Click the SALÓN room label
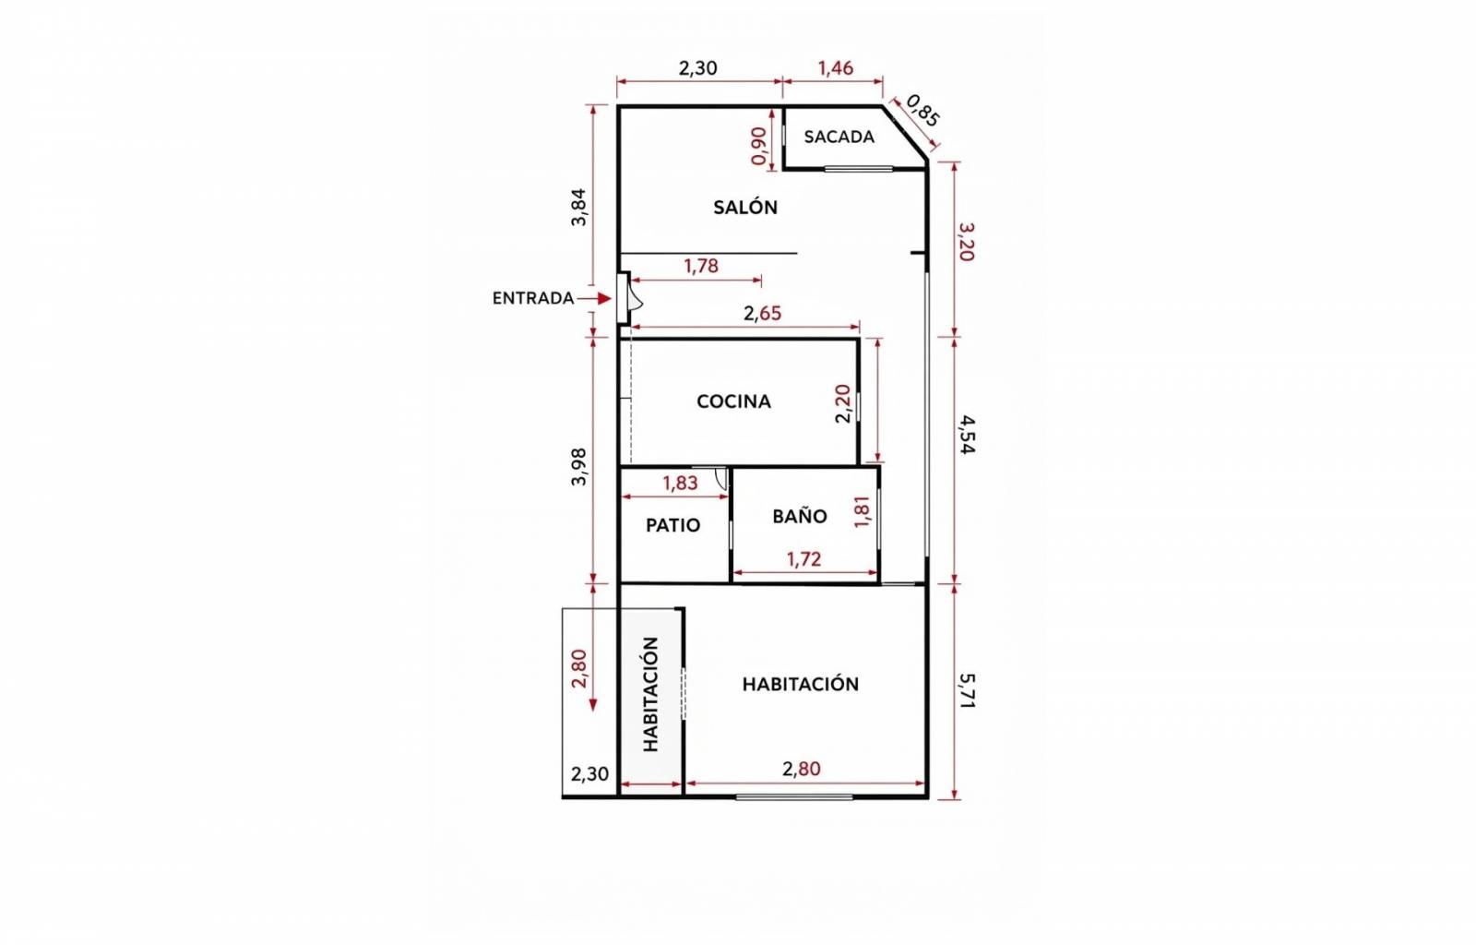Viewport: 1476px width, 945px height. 745,207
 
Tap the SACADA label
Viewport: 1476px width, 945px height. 839,137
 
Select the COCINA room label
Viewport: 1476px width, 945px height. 733,401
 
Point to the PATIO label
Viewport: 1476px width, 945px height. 673,525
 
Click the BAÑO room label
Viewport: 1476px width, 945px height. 799,515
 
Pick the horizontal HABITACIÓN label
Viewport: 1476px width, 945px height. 801,684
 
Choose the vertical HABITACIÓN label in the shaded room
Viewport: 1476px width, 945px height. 650,694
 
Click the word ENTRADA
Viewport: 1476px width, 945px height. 533,298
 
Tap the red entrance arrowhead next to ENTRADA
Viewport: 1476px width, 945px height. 605,298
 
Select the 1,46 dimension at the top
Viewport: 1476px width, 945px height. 836,68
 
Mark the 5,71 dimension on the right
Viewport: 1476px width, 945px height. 967,690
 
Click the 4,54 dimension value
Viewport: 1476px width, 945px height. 967,435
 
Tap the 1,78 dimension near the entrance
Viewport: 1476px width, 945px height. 700,266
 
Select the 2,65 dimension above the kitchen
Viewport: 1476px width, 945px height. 762,313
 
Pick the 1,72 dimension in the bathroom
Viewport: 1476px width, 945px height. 803,559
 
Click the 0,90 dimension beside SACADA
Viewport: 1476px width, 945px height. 759,146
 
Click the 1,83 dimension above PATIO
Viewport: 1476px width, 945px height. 680,483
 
